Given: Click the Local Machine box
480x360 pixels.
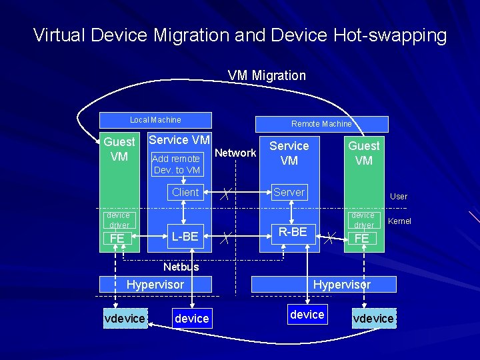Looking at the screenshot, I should point(155,120).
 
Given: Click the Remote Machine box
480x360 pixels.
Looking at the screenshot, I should point(321,124).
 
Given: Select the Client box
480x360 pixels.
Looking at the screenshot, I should point(185,192).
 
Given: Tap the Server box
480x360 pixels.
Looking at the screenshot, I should point(289,192).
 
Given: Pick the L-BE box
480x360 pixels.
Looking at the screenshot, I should point(185,236).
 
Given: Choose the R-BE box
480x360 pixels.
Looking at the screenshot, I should point(293,232).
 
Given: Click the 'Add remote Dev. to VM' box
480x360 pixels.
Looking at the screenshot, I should point(177,164).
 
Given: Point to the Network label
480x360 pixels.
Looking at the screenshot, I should point(235,153).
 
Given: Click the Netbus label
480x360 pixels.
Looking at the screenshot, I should point(181,267).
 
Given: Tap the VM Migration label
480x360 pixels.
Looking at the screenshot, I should point(267,75).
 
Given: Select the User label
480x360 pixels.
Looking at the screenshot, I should point(399,197).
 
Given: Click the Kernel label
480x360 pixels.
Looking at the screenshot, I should point(399,221).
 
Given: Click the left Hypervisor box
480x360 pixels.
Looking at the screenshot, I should point(155,284).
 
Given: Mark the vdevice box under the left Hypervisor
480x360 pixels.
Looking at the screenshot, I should point(125,319).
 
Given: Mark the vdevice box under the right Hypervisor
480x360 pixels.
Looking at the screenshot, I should point(373,319).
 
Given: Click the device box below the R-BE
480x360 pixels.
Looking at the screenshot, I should point(307,314).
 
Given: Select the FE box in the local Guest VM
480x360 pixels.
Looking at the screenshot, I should point(117,239).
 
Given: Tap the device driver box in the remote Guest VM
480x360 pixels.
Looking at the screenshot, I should point(363,220).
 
